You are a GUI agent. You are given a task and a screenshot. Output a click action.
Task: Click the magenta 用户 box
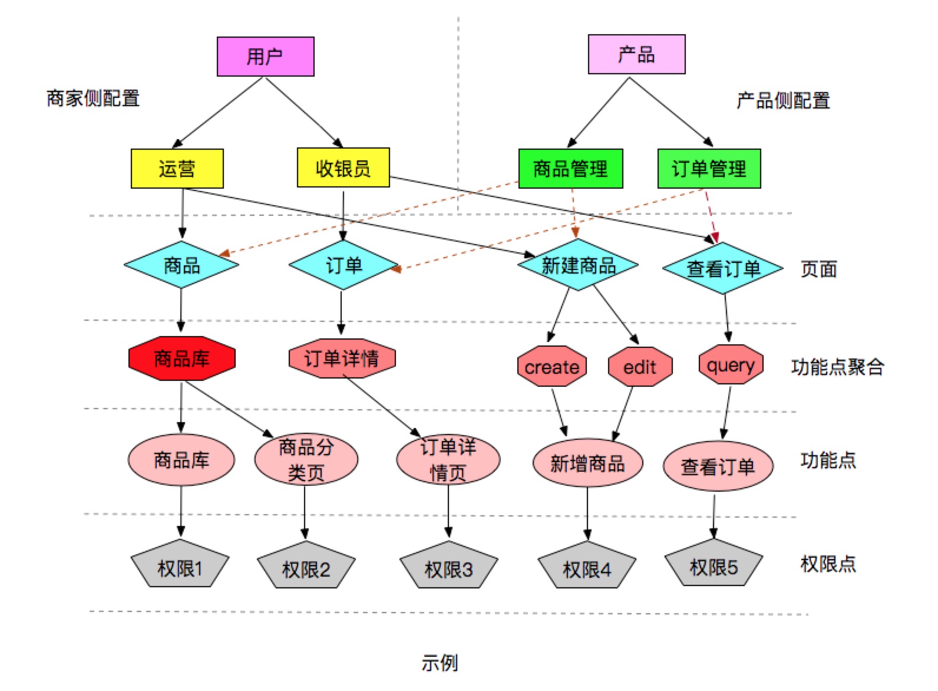[x=265, y=57]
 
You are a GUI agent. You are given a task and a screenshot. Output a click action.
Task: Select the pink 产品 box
[x=636, y=54]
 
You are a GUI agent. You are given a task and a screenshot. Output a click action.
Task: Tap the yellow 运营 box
[x=177, y=169]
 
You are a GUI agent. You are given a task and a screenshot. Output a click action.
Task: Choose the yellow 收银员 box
[x=343, y=168]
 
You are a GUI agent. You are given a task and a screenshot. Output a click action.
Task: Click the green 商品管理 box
[x=570, y=169]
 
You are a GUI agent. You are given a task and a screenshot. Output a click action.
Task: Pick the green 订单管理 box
[x=709, y=169]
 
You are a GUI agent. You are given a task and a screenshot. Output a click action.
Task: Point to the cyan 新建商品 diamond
[x=578, y=265]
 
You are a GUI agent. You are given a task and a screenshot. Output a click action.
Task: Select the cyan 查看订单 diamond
[x=723, y=268]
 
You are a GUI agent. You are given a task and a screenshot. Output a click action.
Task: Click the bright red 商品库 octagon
[x=181, y=358]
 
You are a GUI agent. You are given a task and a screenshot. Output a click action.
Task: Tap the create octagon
[x=551, y=367]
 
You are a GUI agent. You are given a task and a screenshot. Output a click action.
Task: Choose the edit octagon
[x=640, y=367]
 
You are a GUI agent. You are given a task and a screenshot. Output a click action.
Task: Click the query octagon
[x=731, y=366]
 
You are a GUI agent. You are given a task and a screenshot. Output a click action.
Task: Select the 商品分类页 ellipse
[x=306, y=459]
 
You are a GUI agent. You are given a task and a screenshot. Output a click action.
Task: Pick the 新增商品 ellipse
[x=587, y=463]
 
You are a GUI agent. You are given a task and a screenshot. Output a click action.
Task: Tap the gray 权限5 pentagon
[x=714, y=566]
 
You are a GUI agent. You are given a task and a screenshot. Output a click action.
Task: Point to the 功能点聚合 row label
[x=837, y=367]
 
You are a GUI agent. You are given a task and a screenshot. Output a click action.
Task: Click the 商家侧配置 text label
[x=93, y=98]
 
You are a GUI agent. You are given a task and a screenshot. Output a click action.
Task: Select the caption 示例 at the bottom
[x=440, y=662]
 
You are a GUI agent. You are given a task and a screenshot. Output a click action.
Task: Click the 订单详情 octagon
[x=342, y=358]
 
